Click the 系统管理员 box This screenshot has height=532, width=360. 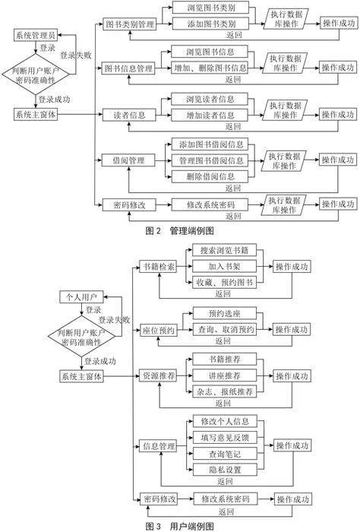pyautogui.click(x=36, y=35)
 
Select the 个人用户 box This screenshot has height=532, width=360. pyautogui.click(x=81, y=297)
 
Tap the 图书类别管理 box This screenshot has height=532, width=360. pyautogui.click(x=129, y=24)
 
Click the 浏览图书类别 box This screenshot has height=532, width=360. pyautogui.click(x=210, y=8)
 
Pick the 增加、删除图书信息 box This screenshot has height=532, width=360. pyautogui.click(x=210, y=68)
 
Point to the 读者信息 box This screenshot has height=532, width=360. pyautogui.click(x=129, y=115)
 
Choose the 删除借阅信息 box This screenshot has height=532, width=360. pyautogui.click(x=210, y=176)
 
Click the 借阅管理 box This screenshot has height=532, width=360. pyautogui.click(x=129, y=160)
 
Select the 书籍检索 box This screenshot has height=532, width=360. pyautogui.click(x=158, y=267)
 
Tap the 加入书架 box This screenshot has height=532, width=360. pyautogui.click(x=224, y=266)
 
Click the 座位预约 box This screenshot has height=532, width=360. pyautogui.click(x=158, y=330)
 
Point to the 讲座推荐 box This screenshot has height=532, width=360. pyautogui.click(x=224, y=375)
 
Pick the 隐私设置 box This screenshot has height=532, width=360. pyautogui.click(x=225, y=470)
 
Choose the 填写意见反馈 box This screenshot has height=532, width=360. pyautogui.click(x=225, y=438)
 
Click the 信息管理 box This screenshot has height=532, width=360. pyautogui.click(x=159, y=446)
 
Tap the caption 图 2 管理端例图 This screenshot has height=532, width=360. pyautogui.click(x=180, y=231)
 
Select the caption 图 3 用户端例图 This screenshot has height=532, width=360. pyautogui.click(x=180, y=526)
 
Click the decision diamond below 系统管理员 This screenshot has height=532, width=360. pyautogui.click(x=36, y=74)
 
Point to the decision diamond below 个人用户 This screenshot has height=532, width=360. pyautogui.click(x=81, y=336)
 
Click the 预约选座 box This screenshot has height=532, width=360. pyautogui.click(x=224, y=313)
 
